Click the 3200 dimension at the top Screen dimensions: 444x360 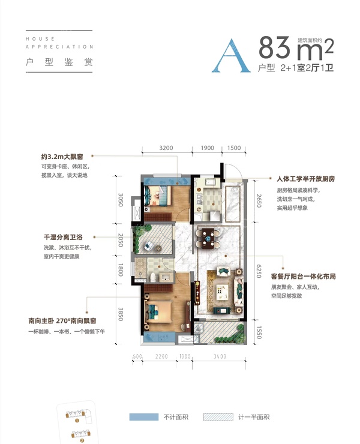pyautogui.click(x=166, y=148)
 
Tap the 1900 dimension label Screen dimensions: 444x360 pyautogui.click(x=207, y=148)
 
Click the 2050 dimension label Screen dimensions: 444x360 pyautogui.click(x=121, y=240)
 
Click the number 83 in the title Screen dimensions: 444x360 pyautogui.click(x=277, y=46)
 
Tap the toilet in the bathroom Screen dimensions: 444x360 pyautogui.click(x=154, y=277)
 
